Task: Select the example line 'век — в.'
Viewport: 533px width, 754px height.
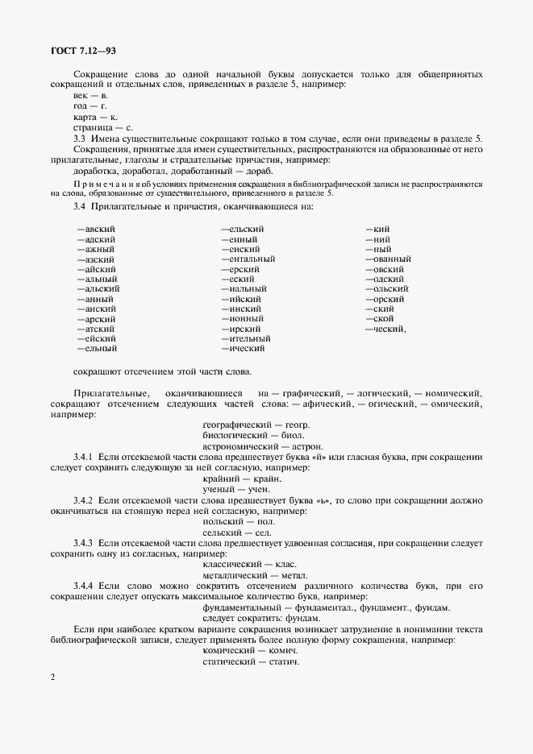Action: pos(90,96)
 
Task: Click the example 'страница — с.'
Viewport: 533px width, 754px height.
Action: pos(103,127)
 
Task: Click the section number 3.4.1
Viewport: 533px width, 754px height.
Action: pos(85,457)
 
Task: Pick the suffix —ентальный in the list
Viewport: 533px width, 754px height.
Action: pos(248,259)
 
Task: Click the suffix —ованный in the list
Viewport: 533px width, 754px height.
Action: pos(388,259)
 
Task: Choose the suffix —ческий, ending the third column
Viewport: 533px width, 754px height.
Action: pos(385,329)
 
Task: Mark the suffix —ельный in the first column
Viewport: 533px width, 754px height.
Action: pos(97,349)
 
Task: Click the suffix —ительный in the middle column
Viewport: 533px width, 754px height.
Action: pos(245,339)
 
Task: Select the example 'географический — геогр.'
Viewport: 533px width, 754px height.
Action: pos(256,425)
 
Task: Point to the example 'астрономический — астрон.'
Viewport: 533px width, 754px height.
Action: pos(264,446)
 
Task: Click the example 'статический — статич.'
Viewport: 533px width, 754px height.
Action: pos(251,662)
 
